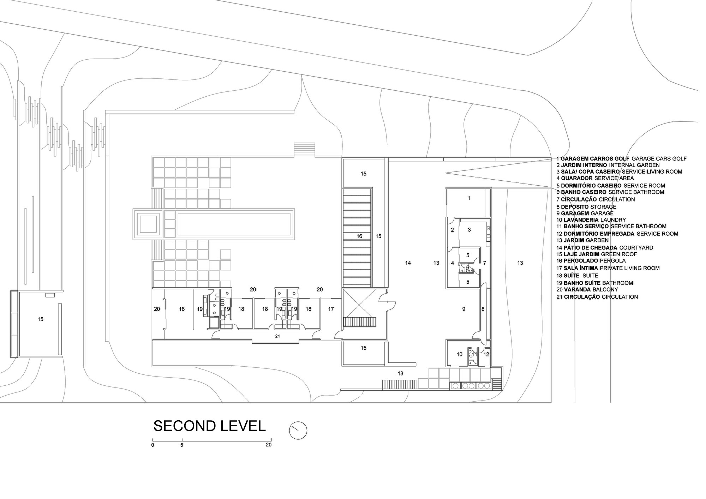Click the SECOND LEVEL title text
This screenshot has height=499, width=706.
pyautogui.click(x=209, y=426)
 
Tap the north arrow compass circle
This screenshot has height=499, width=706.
pyautogui.click(x=298, y=431)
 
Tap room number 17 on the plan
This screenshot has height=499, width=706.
pyautogui.click(x=331, y=309)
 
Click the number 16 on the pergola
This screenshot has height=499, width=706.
pyautogui.click(x=359, y=236)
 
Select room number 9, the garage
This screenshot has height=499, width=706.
pyautogui.click(x=464, y=309)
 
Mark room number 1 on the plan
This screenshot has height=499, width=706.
pyautogui.click(x=469, y=198)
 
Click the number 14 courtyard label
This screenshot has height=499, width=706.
pyautogui.click(x=408, y=263)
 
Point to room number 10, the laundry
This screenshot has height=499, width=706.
pyautogui.click(x=459, y=354)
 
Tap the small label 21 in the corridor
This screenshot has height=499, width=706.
pyautogui.click(x=277, y=336)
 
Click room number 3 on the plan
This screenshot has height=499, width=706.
pyautogui.click(x=469, y=230)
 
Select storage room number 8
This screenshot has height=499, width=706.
pyautogui.click(x=483, y=309)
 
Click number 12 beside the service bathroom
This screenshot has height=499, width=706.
pyautogui.click(x=486, y=354)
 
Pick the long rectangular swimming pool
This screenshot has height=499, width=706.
pyautogui.click(x=234, y=224)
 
